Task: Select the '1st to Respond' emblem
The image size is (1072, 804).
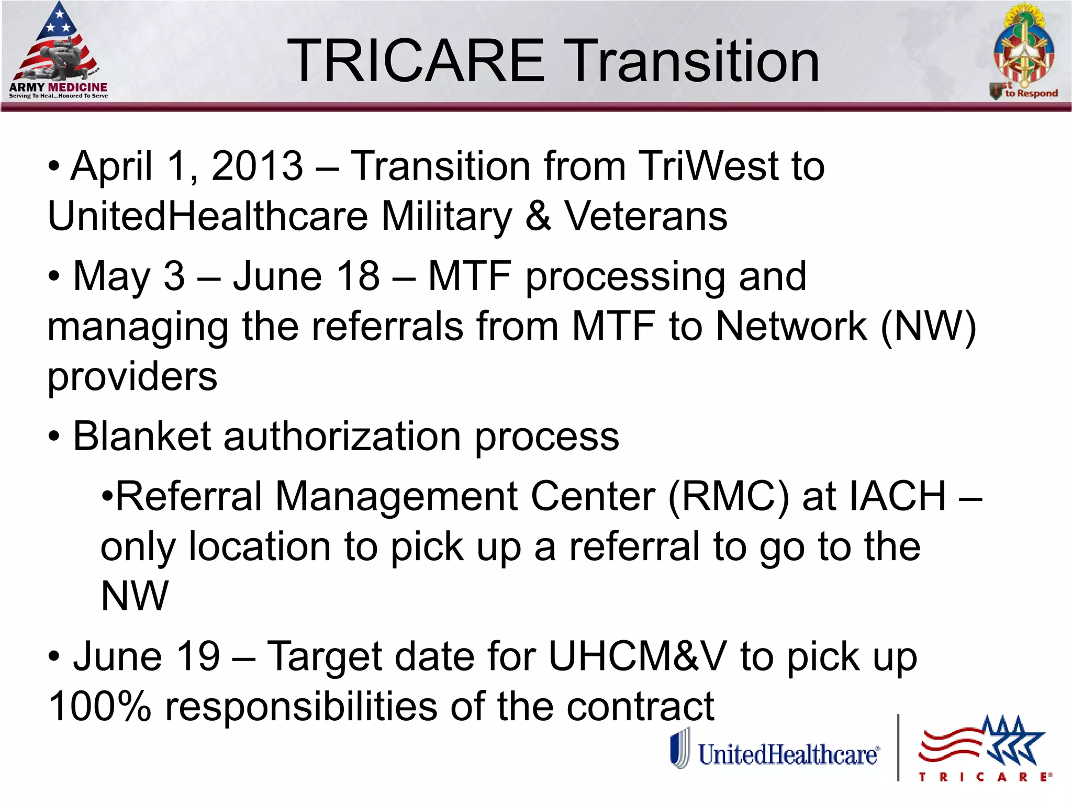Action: [x=1024, y=52]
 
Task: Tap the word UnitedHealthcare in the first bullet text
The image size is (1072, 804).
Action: [x=208, y=216]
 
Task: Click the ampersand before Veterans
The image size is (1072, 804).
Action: [x=538, y=216]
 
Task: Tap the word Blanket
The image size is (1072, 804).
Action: [x=141, y=437]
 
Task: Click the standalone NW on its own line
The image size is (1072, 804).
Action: [x=135, y=596]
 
